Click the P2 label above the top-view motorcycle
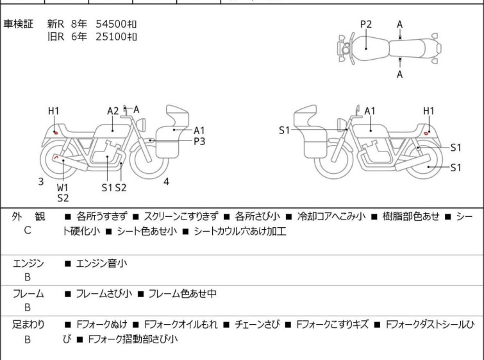point(366,24)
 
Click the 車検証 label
point(18,24)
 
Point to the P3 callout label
point(199,141)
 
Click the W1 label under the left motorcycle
point(62,187)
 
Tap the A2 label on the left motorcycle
point(113,111)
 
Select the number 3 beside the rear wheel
point(41,182)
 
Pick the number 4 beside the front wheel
point(167,182)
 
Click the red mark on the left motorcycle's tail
point(56,133)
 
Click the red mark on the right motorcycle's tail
point(426,133)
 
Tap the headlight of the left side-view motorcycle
point(141,124)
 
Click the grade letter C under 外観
point(28,230)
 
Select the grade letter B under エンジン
point(28,277)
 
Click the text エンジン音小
point(101,264)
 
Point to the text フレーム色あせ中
point(183,293)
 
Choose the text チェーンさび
point(257,325)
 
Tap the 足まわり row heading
point(28,325)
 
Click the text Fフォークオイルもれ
point(181,325)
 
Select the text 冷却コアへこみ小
point(331,216)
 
